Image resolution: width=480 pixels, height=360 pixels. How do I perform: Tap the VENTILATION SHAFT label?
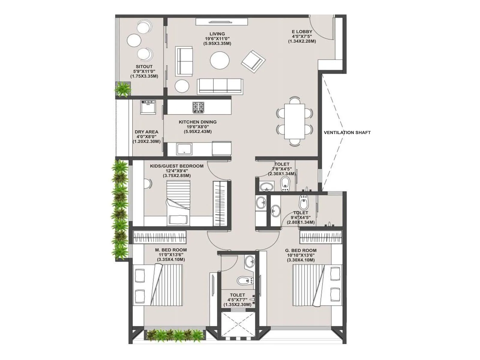pyautogui.click(x=347, y=132)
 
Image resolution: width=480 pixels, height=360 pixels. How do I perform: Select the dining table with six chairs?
pyautogui.click(x=294, y=121)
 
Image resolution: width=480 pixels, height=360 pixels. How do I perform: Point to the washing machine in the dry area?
pyautogui.click(x=148, y=107)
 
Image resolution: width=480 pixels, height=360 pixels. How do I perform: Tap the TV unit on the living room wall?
pyautogui.click(x=222, y=22)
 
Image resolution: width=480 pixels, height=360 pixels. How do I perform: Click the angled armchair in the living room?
pyautogui.click(x=253, y=61)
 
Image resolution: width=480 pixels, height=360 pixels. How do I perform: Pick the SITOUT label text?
pyautogui.click(x=144, y=67)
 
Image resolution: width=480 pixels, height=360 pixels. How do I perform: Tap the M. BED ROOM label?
pyautogui.click(x=171, y=250)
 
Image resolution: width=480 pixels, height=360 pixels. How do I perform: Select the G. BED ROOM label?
pyautogui.click(x=301, y=250)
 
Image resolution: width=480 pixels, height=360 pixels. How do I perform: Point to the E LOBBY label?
pyautogui.click(x=302, y=31)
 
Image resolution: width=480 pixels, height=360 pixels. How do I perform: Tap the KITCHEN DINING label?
pyautogui.click(x=197, y=122)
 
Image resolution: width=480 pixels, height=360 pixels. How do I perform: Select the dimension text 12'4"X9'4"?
pyautogui.click(x=176, y=171)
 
